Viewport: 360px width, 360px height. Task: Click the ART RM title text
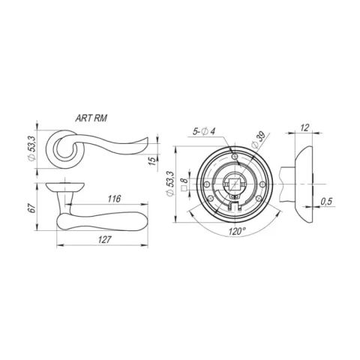coord(91,118)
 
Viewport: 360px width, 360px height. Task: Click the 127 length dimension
coord(104,240)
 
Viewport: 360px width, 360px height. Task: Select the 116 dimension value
coord(115,199)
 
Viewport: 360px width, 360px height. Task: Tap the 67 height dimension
coord(31,208)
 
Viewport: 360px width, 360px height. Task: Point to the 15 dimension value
coord(152,161)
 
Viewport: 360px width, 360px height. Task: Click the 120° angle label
coord(237,232)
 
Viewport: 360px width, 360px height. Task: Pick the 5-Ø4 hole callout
coord(204,131)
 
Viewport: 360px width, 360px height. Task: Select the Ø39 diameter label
coord(258,141)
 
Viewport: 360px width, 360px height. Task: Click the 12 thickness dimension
coord(304,127)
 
